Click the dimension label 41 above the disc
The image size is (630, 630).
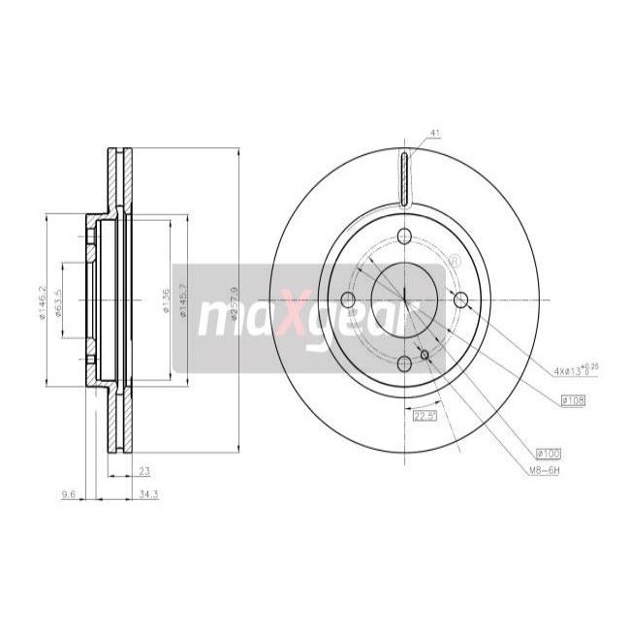pos(434,134)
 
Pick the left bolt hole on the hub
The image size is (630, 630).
pos(349,299)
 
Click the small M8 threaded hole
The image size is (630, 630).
pos(425,354)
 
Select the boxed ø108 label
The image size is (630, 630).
pos(574,400)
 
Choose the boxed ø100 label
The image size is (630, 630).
pos(549,453)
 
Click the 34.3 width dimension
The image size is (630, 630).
pos(120,494)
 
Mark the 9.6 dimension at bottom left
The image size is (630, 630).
pos(68,494)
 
